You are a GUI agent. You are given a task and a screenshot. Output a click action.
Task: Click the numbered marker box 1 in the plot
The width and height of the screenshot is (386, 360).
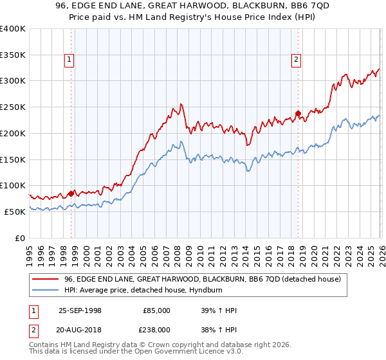pos(69,60)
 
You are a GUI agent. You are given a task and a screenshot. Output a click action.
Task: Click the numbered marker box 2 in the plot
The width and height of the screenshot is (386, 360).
pos(296,60)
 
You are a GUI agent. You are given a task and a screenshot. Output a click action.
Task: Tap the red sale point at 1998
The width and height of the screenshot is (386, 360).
pos(71,193)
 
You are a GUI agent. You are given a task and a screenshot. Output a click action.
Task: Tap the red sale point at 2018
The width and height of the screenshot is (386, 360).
pos(298,113)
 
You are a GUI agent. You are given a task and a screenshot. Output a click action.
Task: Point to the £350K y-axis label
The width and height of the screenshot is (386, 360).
pos(13,55)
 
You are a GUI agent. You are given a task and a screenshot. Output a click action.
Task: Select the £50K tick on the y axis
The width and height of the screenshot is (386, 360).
pos(15,212)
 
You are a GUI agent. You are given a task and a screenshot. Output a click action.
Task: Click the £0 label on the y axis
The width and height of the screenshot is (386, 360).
pos(21,238)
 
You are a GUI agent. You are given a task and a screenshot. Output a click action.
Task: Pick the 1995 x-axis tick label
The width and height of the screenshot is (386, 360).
pos(30,251)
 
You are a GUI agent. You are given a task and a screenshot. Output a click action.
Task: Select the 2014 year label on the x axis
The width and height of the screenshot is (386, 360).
pos(245,251)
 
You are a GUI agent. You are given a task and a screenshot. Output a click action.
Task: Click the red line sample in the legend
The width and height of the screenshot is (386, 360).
pos(46,279)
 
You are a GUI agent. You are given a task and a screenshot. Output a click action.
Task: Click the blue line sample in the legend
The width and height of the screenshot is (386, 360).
pos(46,290)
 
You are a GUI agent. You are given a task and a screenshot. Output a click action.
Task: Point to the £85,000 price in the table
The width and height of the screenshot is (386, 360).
pos(156,310)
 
